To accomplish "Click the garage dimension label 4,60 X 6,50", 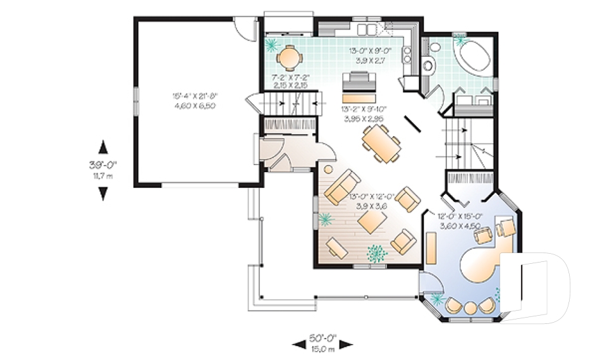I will (x=194, y=105).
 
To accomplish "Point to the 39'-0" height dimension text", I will (x=104, y=166).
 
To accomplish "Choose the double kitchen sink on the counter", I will (x=368, y=29).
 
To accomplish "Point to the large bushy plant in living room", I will (x=377, y=253).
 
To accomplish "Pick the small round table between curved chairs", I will (x=470, y=307).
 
